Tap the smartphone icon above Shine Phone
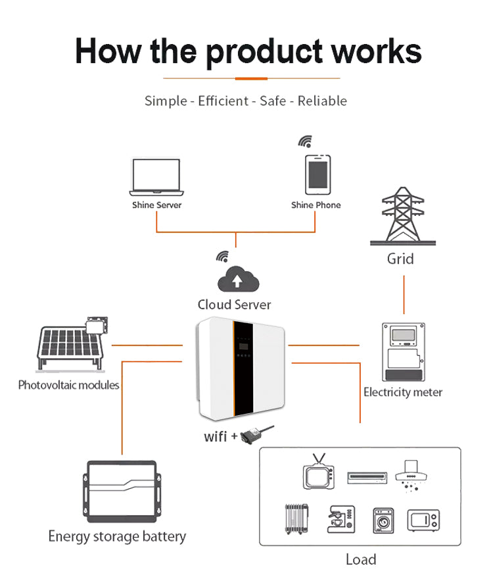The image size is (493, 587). [317, 174]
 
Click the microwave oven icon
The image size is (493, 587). [423, 520]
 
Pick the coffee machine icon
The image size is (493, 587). [341, 519]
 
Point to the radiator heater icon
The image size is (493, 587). [296, 519]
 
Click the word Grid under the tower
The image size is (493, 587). [400, 258]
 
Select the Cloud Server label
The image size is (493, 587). [234, 305]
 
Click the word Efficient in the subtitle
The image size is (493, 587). [223, 101]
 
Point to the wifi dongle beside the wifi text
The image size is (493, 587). [254, 434]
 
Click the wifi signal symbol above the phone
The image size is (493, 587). [304, 141]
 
